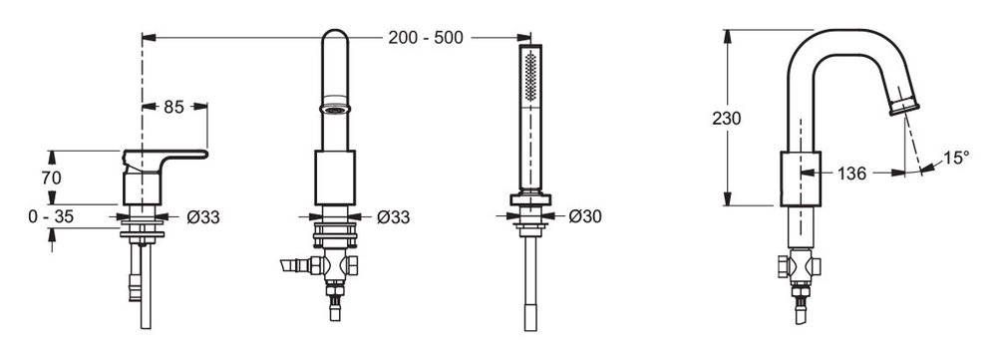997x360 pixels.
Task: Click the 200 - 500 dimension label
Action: (426, 38)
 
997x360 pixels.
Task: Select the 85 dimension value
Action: (173, 107)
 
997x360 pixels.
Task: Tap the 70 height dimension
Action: (52, 179)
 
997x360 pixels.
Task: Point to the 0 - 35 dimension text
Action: (51, 216)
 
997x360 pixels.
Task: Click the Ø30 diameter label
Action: (585, 216)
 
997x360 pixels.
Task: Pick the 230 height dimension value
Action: (726, 119)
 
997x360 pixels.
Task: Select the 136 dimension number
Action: (851, 173)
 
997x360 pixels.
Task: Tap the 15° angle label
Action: (956, 158)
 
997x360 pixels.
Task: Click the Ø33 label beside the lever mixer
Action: (203, 216)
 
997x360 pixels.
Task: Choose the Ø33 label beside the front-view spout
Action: (393, 216)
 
